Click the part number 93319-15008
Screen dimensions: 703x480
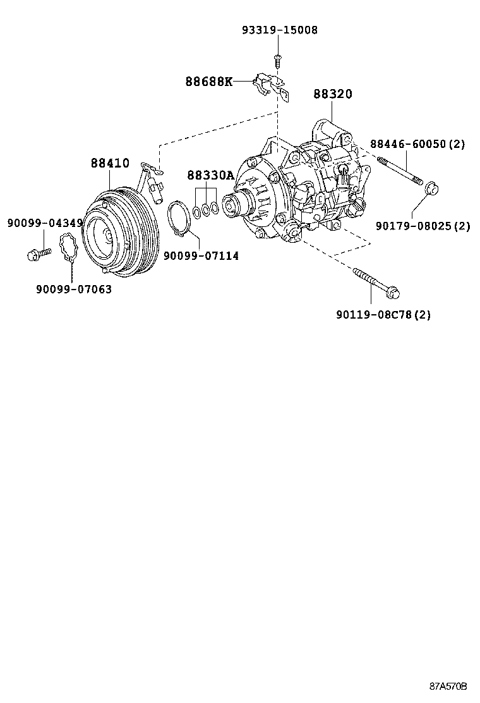click(x=280, y=30)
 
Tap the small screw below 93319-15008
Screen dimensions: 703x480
click(x=277, y=59)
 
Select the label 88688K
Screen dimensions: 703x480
click(x=209, y=82)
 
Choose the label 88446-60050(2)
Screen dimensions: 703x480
click(x=417, y=144)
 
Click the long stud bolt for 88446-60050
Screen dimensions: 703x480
click(x=399, y=169)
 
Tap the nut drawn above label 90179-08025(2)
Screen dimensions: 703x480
click(x=431, y=188)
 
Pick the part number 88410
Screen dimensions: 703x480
click(x=110, y=163)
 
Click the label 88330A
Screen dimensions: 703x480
click(x=210, y=175)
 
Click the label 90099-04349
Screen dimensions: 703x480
click(x=45, y=223)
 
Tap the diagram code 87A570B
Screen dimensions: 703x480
click(x=448, y=686)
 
